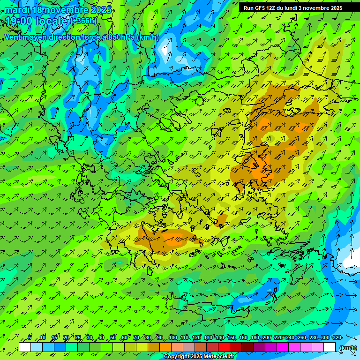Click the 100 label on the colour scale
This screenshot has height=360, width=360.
tap(172, 337)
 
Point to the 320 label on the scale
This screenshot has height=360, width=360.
tap(337, 337)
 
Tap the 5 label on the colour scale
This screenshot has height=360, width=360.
tap(30, 337)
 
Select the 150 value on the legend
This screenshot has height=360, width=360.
tap(231, 337)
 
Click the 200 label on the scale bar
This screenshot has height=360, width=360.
tap(267, 337)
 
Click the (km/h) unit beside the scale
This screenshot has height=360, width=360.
tap(348, 347)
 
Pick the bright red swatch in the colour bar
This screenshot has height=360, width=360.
tap(224, 347)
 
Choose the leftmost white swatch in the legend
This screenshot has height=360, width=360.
tap(25, 347)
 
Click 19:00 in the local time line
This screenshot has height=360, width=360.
tap(20, 21)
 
